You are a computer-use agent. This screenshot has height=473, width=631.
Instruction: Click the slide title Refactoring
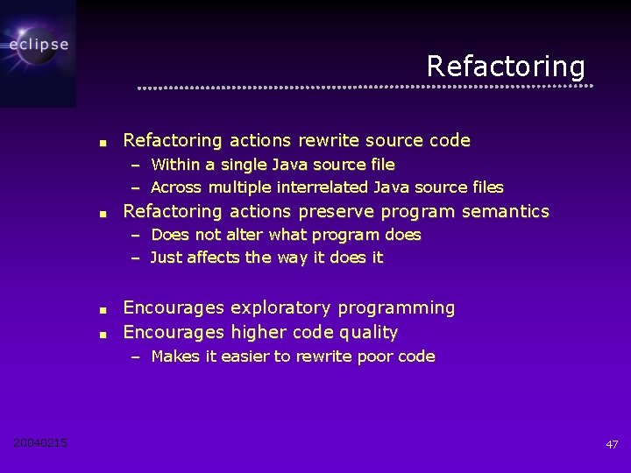click(506, 67)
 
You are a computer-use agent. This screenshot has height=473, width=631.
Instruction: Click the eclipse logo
click(38, 45)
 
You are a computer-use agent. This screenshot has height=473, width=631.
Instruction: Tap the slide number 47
click(612, 445)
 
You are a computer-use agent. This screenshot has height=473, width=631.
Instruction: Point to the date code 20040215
click(40, 443)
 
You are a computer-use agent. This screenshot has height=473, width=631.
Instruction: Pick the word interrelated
click(323, 187)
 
